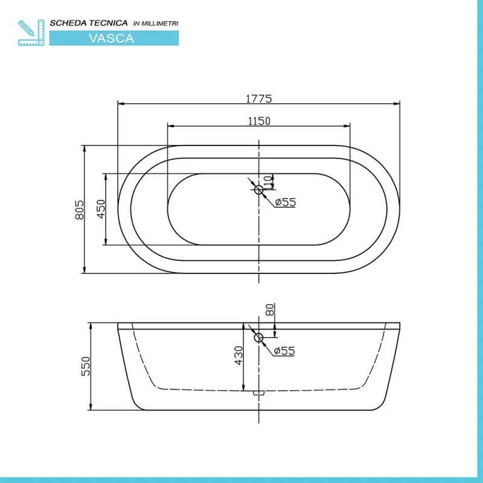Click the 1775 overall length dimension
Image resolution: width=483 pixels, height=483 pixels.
coord(259,99)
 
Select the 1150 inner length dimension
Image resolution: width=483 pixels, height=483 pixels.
coord(259,121)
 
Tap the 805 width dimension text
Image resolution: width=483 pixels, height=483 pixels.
coord(80,210)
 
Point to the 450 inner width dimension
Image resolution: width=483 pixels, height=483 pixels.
coord(101,209)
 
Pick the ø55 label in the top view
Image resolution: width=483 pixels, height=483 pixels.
coord(285,202)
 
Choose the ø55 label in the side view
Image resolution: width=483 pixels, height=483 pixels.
coord(284,351)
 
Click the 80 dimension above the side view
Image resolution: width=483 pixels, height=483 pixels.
coord(269,310)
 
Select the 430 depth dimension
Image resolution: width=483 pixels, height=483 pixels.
coord(238,356)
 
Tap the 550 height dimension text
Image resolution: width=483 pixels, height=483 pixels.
coord(86,366)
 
